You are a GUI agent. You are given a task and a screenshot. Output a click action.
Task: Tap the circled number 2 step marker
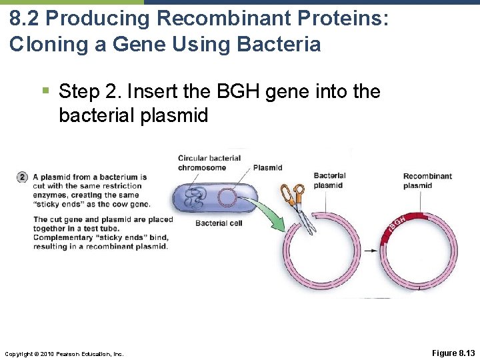click(x=23, y=177)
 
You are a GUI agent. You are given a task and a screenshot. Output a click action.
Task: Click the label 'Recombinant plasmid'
click(x=427, y=181)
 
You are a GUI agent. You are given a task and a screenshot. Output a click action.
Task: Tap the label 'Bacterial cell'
click(x=219, y=223)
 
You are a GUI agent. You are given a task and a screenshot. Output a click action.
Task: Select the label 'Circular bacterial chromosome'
click(x=209, y=163)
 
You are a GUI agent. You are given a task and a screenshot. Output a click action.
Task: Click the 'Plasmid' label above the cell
click(x=267, y=167)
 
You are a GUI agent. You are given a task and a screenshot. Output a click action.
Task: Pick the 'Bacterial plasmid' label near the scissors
click(x=329, y=180)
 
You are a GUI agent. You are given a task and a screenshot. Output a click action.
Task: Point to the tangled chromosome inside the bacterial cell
click(x=195, y=199)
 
